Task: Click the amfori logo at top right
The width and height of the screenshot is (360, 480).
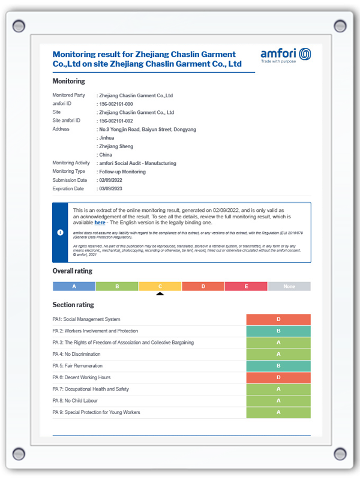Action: click(286, 55)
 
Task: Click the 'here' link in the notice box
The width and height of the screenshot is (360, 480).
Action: click(100, 223)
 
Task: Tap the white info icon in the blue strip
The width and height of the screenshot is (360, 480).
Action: click(60, 232)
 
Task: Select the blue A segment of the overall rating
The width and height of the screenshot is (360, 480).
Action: click(74, 286)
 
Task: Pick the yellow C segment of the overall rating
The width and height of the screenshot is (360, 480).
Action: click(160, 286)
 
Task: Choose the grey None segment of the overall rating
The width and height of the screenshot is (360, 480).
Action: click(289, 286)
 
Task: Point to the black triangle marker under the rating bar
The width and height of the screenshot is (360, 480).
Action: click(160, 293)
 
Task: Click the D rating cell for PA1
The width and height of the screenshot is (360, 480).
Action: click(278, 319)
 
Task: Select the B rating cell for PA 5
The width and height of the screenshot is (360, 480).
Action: click(278, 366)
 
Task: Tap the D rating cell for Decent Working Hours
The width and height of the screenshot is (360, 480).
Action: click(278, 377)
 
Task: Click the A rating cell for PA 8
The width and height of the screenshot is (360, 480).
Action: click(278, 401)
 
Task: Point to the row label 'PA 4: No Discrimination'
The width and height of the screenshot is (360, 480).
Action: click(77, 355)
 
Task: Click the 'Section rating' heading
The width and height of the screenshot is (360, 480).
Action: click(73, 305)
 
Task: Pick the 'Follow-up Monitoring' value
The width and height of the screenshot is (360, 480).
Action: click(122, 172)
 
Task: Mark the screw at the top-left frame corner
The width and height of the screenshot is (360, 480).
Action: click(19, 26)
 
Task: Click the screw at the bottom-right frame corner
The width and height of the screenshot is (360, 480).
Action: click(340, 453)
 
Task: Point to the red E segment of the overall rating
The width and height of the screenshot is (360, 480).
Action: click(246, 286)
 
